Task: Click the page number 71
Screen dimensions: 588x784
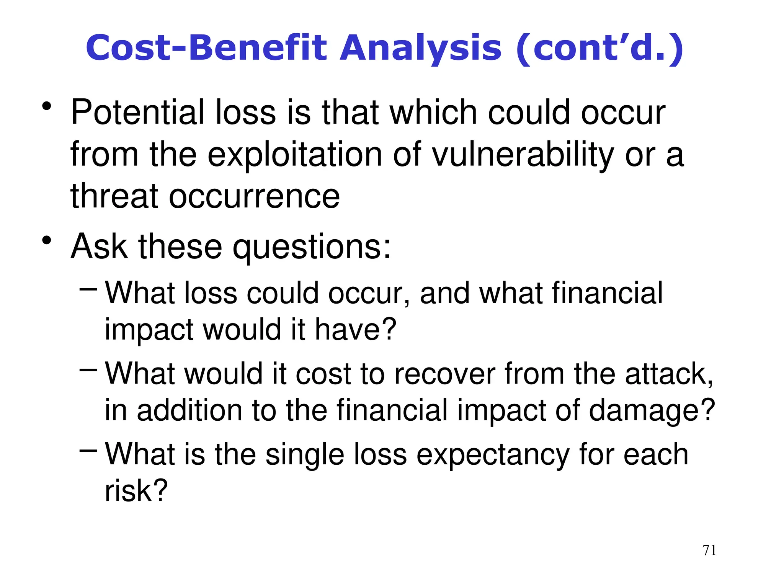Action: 709,550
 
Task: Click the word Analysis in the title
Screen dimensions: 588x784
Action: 420,49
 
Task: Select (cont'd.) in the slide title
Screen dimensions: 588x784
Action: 599,49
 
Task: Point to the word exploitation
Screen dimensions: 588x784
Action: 295,155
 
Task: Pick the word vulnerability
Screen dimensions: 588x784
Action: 523,155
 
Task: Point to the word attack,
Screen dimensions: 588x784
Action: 669,374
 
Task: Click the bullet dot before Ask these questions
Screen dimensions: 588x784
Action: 47,241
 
